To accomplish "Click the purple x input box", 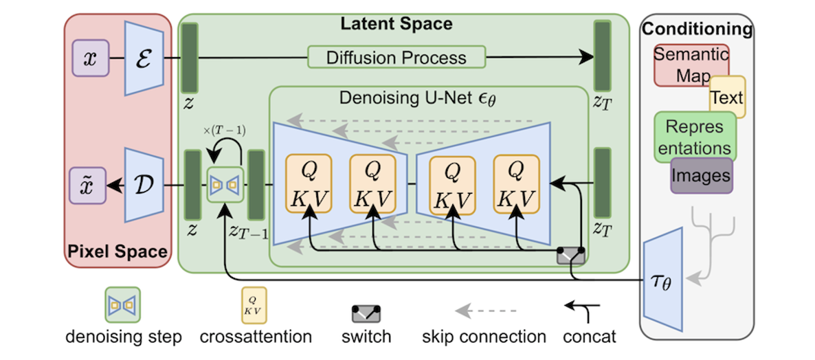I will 90,58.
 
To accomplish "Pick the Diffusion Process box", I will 397,57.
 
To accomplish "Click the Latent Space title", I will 397,24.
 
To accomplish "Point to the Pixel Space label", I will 117,251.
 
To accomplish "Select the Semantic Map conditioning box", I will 690,65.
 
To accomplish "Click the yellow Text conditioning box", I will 727,98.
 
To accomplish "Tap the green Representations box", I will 695,137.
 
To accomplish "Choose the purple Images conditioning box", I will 702,175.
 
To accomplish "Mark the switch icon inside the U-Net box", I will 571,256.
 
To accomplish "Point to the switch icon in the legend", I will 366,313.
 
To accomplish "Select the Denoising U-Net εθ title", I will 417,98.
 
